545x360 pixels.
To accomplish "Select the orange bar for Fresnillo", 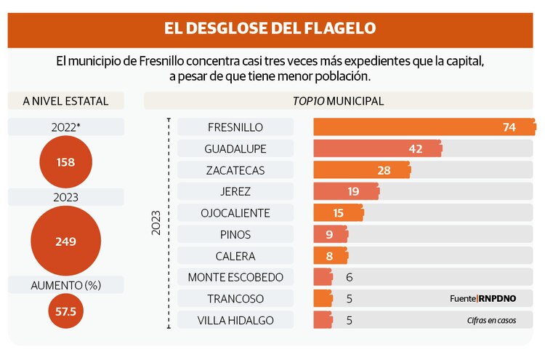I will click(424, 127).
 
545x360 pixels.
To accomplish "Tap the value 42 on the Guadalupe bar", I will click(416, 149).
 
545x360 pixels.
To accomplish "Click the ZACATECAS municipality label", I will click(235, 170).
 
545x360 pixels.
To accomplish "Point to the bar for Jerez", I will click(346, 191).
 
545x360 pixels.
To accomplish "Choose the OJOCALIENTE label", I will click(235, 213).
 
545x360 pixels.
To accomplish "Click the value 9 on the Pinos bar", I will click(328, 235).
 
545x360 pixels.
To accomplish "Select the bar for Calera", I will click(330, 256).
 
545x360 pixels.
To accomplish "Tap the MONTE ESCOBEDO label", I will click(235, 277).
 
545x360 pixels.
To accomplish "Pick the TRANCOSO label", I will click(235, 299).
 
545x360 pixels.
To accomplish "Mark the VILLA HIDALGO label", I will click(235, 320).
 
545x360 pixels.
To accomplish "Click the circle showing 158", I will click(65, 162).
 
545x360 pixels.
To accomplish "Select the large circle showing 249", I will click(65, 241).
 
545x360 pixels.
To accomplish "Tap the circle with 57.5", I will click(65, 311).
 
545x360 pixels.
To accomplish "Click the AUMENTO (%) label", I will click(65, 285).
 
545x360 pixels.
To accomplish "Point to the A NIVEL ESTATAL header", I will click(65, 101).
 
